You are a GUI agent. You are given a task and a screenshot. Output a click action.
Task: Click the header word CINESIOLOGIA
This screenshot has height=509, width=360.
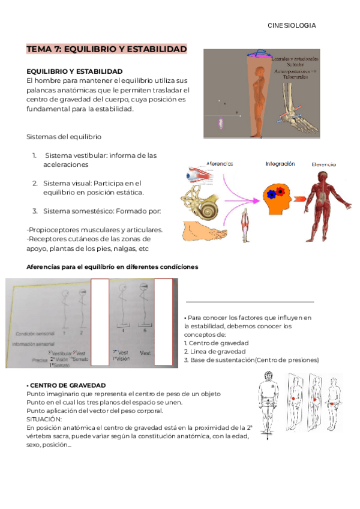point(292,26)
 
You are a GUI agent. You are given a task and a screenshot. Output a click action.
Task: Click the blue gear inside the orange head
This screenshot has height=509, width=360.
point(272,194)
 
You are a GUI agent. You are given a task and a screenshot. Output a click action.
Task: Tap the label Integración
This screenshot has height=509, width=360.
point(280,163)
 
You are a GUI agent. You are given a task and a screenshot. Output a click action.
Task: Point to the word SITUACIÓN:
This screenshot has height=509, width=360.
point(44,418)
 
